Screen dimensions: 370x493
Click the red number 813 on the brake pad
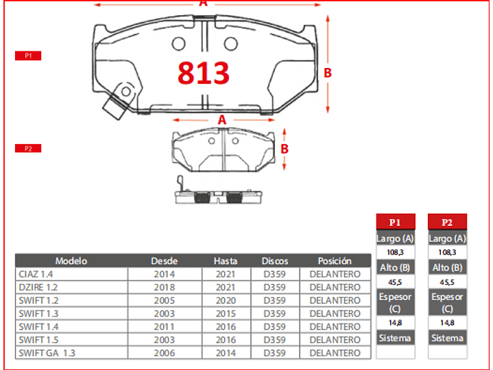pyautogui.click(x=204, y=73)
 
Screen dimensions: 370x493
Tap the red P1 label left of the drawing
pyautogui.click(x=28, y=56)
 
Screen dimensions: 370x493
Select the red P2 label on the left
pyautogui.click(x=28, y=148)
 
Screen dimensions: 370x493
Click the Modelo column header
pyautogui.click(x=71, y=261)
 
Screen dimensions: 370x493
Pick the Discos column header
pyautogui.click(x=275, y=261)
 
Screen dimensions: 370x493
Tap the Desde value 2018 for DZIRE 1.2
pyautogui.click(x=165, y=287)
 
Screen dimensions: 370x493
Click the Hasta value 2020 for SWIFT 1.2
pyautogui.click(x=225, y=300)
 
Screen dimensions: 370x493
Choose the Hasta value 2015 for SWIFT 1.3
pyautogui.click(x=225, y=314)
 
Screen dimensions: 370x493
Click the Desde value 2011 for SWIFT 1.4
pyautogui.click(x=165, y=327)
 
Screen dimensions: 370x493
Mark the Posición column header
pyautogui.click(x=335, y=261)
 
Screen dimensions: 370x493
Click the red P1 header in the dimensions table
pyautogui.click(x=396, y=222)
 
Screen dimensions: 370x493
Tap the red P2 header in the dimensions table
pyautogui.click(x=447, y=222)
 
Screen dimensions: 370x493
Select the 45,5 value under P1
pyautogui.click(x=396, y=281)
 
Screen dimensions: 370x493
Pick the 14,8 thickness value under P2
pyautogui.click(x=447, y=323)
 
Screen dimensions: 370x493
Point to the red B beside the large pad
pyautogui.click(x=328, y=73)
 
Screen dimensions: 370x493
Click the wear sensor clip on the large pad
pyautogui.click(x=117, y=101)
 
